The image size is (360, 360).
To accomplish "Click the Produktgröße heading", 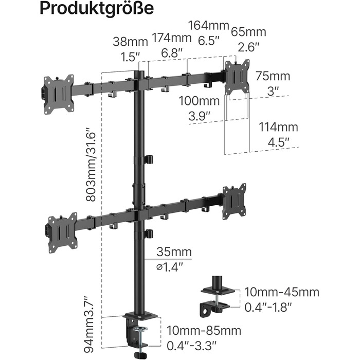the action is pyautogui.click(x=97, y=9).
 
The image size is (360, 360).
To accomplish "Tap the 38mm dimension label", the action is pyautogui.click(x=130, y=42).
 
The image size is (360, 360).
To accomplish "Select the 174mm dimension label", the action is pyautogui.click(x=171, y=38).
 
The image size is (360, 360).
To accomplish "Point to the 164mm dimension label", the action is pyautogui.click(x=208, y=25).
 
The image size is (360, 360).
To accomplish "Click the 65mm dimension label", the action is pyautogui.click(x=248, y=32).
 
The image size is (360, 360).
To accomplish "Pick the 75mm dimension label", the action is pyautogui.click(x=273, y=76).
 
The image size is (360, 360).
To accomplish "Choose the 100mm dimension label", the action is pyautogui.click(x=199, y=101).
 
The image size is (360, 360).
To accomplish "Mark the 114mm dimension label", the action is pyautogui.click(x=278, y=127).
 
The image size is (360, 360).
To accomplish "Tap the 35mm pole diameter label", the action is pyautogui.click(x=174, y=252).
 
